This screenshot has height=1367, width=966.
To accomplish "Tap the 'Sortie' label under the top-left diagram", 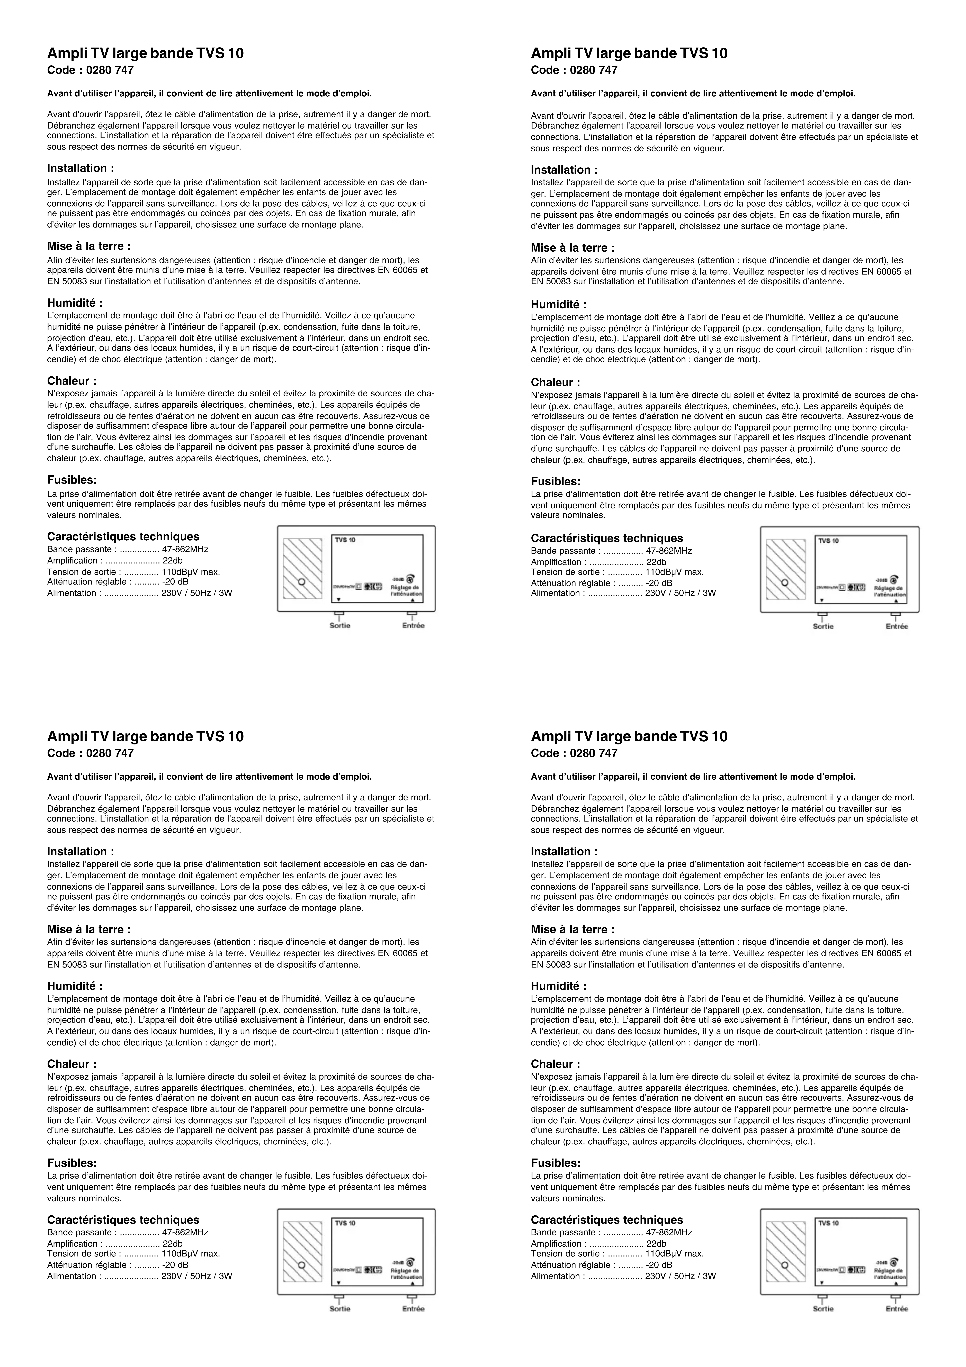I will (340, 626).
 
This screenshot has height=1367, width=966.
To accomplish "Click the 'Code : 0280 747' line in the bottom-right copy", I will (574, 753).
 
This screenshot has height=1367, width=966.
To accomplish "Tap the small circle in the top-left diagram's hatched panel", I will (301, 582).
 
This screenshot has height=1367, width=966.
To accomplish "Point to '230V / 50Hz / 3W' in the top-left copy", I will (196, 593).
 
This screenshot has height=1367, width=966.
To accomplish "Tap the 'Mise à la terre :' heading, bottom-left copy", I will (89, 929).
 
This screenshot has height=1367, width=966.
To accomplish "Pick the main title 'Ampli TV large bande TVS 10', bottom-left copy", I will (145, 736).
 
